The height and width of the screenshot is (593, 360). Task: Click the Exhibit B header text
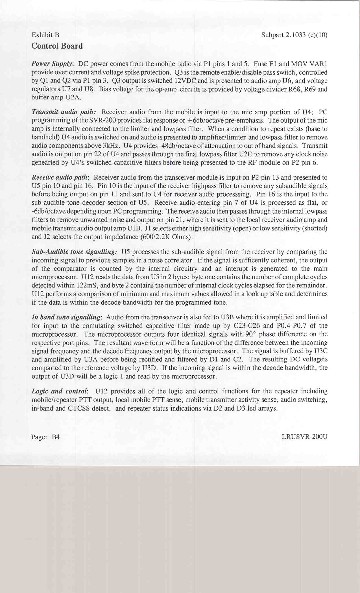click(45, 35)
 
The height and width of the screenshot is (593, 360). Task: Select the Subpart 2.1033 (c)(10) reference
click(294, 35)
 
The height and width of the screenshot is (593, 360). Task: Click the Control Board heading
click(57, 46)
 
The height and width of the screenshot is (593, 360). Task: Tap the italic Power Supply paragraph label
click(52, 64)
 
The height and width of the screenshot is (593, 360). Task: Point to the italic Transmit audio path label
click(64, 112)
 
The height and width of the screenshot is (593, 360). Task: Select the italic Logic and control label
click(60, 391)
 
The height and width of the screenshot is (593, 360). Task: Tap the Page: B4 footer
click(45, 437)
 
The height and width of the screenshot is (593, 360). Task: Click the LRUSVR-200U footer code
click(304, 437)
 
